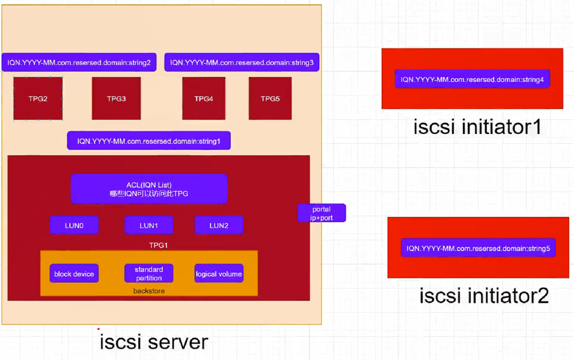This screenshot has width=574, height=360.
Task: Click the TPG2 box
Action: click(x=38, y=99)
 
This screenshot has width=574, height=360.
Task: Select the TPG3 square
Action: click(x=117, y=99)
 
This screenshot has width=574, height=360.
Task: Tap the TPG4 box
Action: click(x=204, y=99)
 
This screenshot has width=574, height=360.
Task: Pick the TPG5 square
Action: click(x=270, y=99)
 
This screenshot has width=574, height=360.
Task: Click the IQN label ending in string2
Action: click(x=79, y=63)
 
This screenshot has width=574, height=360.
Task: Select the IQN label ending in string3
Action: click(x=242, y=63)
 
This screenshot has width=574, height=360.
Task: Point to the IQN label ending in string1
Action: click(x=149, y=141)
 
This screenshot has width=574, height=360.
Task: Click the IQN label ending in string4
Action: click(x=472, y=80)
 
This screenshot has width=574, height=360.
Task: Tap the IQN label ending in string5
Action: click(x=478, y=248)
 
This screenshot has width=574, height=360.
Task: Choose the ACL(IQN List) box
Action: click(x=149, y=189)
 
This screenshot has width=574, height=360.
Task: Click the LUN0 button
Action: click(x=74, y=225)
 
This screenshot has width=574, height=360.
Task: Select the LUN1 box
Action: click(x=149, y=225)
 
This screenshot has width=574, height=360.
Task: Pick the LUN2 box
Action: click(x=219, y=225)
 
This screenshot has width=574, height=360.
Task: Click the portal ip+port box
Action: click(x=321, y=213)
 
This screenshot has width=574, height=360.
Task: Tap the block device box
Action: click(x=74, y=274)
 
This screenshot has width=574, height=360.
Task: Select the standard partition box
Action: click(x=149, y=273)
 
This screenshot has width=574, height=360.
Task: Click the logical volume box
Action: click(x=219, y=274)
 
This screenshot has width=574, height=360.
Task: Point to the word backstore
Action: click(x=149, y=291)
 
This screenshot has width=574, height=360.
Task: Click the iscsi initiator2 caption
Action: click(x=484, y=296)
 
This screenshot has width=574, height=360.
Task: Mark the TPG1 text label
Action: click(x=158, y=245)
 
